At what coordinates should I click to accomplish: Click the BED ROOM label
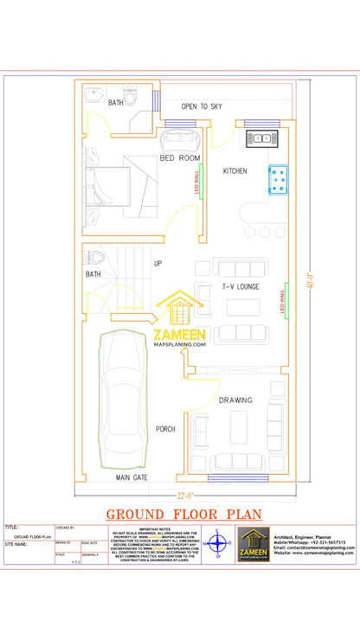point(179,158)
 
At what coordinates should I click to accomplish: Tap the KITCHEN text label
point(235,171)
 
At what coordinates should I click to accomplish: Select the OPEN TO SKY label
point(202,106)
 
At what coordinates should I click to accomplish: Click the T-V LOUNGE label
point(240,285)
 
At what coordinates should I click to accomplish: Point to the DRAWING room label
point(235,400)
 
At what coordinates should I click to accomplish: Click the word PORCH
point(165,429)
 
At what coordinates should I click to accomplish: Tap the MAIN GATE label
point(132,477)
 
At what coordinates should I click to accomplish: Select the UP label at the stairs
point(157,263)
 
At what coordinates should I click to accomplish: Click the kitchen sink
point(262,138)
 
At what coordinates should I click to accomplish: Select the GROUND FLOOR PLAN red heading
point(180,514)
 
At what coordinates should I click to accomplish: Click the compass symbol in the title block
point(219,546)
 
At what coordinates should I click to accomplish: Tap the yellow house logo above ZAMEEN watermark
point(179,310)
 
